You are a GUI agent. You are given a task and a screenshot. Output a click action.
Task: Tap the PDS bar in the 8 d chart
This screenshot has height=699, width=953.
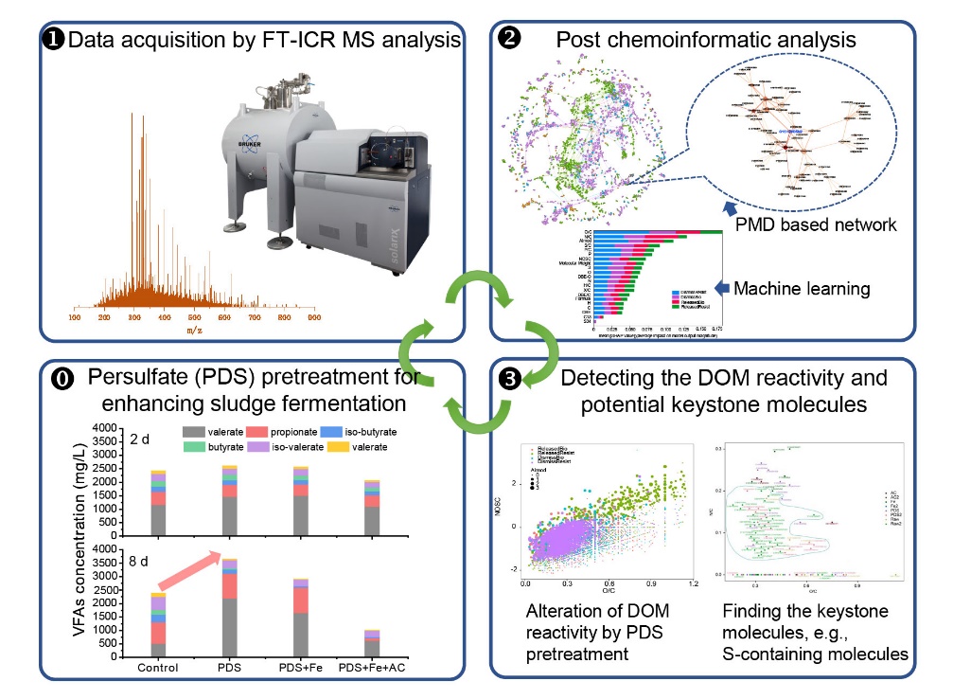point(231,606)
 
